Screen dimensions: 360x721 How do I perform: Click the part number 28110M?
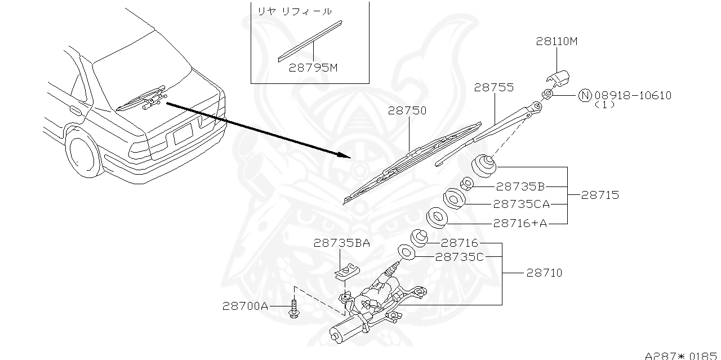[557, 42]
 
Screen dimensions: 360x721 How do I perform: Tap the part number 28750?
[407, 111]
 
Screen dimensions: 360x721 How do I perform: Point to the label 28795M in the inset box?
[313, 68]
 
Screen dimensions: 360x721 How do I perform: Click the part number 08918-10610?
[633, 95]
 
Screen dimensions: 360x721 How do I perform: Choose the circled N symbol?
[585, 95]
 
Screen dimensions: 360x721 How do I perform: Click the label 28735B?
[520, 186]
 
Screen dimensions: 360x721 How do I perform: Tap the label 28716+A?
[520, 223]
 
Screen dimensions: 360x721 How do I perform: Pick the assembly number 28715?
[600, 195]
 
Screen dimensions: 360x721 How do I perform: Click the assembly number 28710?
[544, 273]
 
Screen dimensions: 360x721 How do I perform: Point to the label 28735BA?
[342, 243]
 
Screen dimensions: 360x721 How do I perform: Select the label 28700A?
[244, 306]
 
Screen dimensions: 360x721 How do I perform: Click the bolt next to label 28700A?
[294, 309]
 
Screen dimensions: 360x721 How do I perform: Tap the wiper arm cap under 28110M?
[558, 80]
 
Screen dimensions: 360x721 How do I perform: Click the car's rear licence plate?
[183, 135]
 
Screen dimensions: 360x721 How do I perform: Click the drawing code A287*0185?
[682, 355]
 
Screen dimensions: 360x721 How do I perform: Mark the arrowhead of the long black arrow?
[345, 155]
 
